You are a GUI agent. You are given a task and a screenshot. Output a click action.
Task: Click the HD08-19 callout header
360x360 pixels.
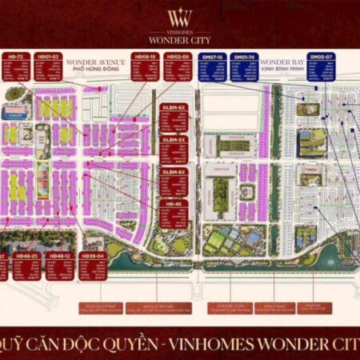pos(145,58)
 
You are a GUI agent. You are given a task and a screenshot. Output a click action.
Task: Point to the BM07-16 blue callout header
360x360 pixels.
pos(213,58)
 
